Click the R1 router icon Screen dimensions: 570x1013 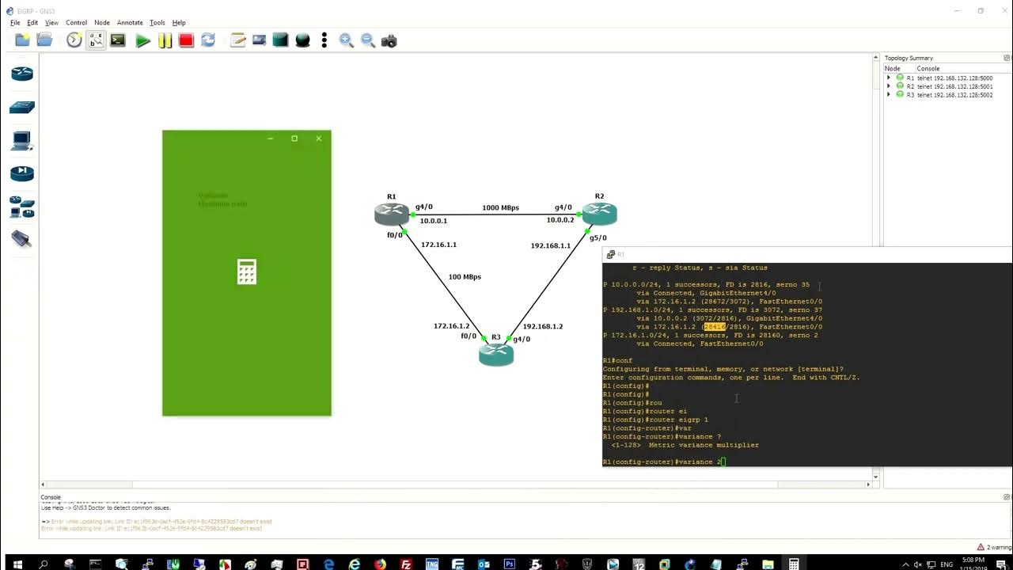(x=392, y=214)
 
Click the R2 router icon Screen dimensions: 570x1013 (x=599, y=214)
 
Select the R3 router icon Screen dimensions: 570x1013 (x=496, y=355)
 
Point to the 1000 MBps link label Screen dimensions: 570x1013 (x=500, y=208)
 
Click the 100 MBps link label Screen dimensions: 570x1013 (x=465, y=277)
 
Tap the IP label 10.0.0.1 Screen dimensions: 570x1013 (x=433, y=222)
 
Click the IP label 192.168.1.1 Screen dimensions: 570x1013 (x=550, y=246)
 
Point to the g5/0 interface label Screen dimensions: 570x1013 (x=598, y=237)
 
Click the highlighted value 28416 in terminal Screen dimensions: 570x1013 (x=714, y=327)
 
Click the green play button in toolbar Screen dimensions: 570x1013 (x=142, y=40)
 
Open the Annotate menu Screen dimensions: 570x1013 (x=130, y=23)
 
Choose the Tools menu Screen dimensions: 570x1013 (x=157, y=23)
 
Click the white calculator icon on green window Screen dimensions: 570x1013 (x=247, y=272)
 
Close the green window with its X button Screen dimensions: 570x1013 (x=319, y=139)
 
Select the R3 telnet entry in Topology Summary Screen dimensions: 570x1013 (x=949, y=95)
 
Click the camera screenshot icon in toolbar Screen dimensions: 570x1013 (x=389, y=40)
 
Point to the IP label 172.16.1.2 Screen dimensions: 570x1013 (x=451, y=326)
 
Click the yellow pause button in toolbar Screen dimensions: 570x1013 (x=165, y=40)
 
